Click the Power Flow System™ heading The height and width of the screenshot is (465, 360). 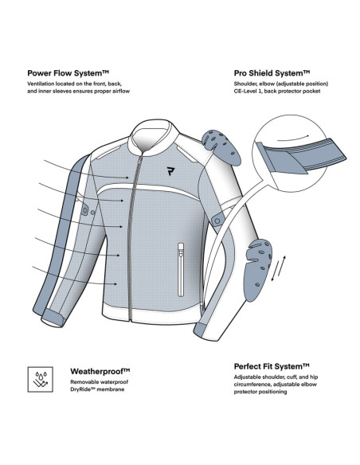pyautogui.click(x=68, y=73)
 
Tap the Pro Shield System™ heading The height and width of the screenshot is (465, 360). pyautogui.click(x=272, y=73)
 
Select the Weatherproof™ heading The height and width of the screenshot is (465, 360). pyautogui.click(x=100, y=371)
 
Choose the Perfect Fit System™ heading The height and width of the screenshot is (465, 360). pyautogui.click(x=272, y=366)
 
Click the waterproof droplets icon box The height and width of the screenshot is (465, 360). pyautogui.click(x=41, y=379)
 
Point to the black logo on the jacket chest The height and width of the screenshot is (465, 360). pyautogui.click(x=170, y=171)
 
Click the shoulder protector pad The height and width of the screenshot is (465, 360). pyautogui.click(x=221, y=147)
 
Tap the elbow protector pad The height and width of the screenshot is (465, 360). pyautogui.click(x=257, y=270)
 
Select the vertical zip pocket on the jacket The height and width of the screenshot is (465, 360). pyautogui.click(x=181, y=270)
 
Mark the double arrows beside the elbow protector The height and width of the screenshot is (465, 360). pyautogui.click(x=279, y=268)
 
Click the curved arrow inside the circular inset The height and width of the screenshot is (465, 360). pyautogui.click(x=293, y=137)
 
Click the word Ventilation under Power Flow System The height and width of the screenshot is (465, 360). pyautogui.click(x=41, y=84)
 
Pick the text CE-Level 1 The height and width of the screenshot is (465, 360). pyautogui.click(x=248, y=91)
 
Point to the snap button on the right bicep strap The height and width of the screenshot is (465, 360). pyautogui.click(x=217, y=221)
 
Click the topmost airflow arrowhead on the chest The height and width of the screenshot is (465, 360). pyautogui.click(x=127, y=178)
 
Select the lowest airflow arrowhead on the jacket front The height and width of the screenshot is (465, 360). pyautogui.click(x=115, y=283)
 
